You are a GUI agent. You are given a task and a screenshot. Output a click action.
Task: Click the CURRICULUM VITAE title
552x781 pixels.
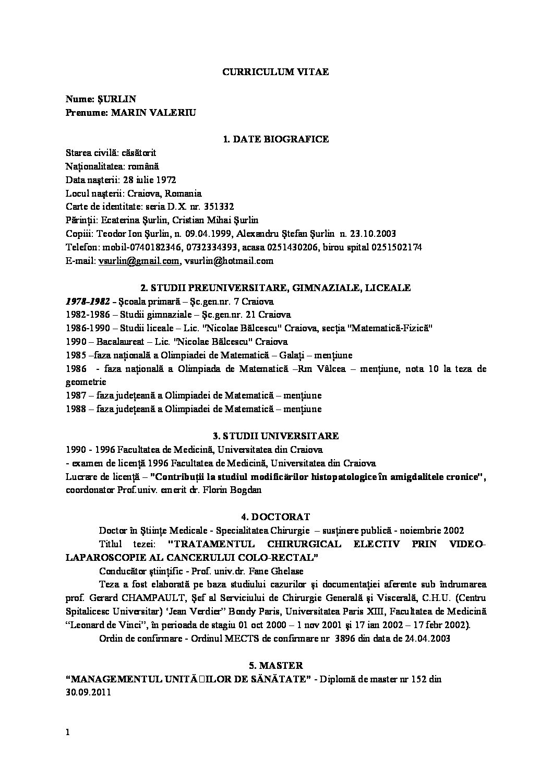(x=275, y=72)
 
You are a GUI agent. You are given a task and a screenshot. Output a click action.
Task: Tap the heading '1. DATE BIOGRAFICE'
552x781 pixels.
(x=275, y=139)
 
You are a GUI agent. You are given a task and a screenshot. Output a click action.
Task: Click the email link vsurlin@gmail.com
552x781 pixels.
(x=139, y=261)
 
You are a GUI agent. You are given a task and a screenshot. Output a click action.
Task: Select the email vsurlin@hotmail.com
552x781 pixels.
(x=229, y=261)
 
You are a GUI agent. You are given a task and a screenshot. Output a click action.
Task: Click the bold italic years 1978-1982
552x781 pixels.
(x=88, y=301)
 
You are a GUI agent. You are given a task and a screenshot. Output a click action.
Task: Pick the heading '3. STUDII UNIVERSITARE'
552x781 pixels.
(x=275, y=436)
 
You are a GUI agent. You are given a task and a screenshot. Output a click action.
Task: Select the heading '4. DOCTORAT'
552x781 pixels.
(x=275, y=517)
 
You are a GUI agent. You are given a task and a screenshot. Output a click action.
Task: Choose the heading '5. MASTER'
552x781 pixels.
(x=275, y=665)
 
